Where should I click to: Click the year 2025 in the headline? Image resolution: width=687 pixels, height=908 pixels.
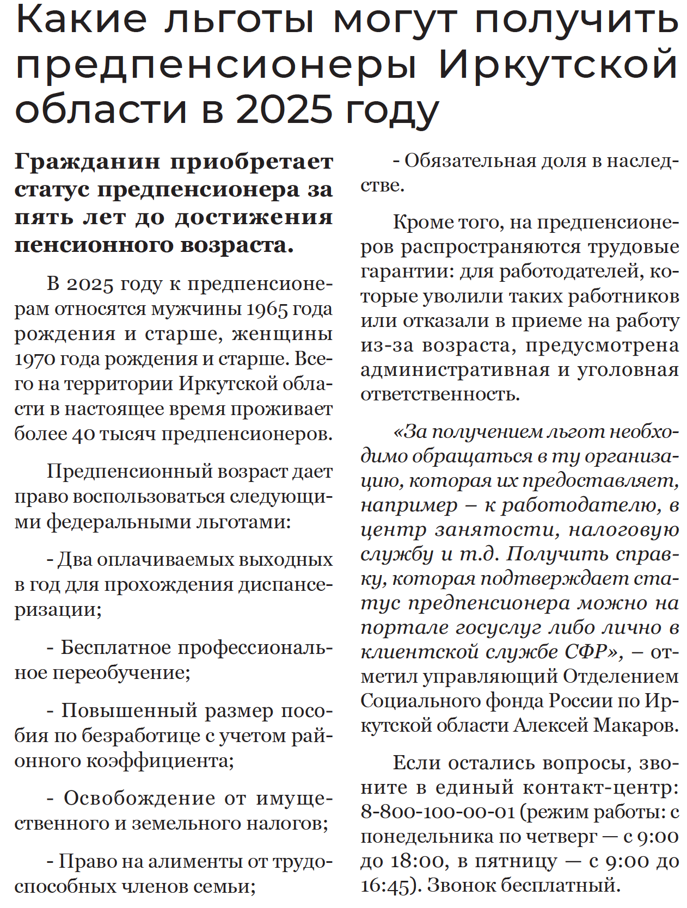pos(284,109)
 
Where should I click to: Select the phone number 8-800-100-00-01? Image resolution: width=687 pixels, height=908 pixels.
pos(438,812)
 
